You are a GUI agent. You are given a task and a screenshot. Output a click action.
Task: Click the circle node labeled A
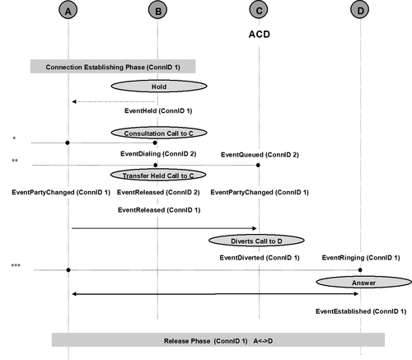[x=68, y=10]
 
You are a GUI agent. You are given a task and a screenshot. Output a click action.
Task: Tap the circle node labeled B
[x=158, y=10]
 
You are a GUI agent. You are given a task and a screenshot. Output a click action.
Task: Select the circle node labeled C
[x=259, y=10]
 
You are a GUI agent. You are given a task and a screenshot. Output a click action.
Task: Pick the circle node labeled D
[x=360, y=10]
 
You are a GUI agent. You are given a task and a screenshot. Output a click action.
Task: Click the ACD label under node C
[x=260, y=35]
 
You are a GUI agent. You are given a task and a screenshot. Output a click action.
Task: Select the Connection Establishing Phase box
[x=113, y=67]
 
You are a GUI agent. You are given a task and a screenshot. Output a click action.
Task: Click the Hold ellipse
[x=159, y=86]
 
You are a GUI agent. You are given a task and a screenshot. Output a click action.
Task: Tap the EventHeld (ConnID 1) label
[x=158, y=111]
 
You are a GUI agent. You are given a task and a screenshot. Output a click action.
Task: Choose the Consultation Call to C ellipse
[x=159, y=133]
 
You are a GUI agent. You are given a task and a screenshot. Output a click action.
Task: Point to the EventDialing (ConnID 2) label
[x=158, y=154]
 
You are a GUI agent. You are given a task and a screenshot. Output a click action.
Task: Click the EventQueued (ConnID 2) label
[x=260, y=155]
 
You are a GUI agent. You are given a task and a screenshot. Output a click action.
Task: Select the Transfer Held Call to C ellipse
[x=158, y=175]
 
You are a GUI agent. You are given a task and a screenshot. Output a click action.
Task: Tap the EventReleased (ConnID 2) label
[x=158, y=193]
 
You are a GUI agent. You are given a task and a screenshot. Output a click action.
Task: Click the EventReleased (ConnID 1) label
[x=159, y=210]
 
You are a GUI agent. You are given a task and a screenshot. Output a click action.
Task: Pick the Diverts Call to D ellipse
[x=256, y=241]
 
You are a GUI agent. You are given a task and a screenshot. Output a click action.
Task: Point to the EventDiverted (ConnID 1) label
[x=260, y=258]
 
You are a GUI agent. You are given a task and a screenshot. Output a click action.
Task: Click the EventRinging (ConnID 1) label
[x=361, y=258]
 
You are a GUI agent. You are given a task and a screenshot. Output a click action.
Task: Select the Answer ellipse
[x=364, y=283]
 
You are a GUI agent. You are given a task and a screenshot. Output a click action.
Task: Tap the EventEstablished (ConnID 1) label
[x=361, y=311]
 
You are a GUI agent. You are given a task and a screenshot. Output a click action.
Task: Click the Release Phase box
[x=218, y=340]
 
